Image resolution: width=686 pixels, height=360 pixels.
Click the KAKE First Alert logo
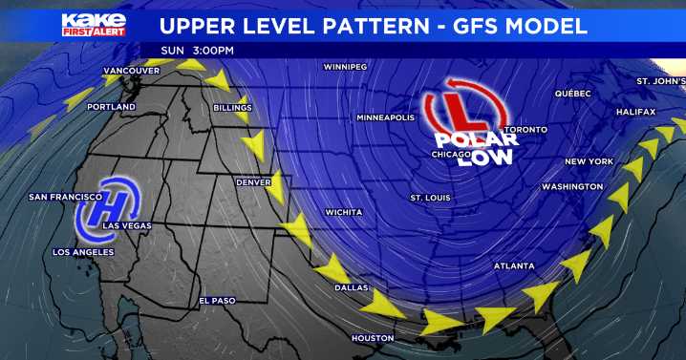(93, 24)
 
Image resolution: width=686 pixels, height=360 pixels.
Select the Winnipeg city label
(345, 68)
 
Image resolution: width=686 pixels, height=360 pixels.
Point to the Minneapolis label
(385, 117)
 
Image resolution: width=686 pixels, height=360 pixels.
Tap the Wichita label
(343, 211)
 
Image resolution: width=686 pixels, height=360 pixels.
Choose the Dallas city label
(352, 286)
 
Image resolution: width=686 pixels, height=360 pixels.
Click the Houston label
(373, 338)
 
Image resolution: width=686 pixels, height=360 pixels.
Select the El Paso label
(216, 301)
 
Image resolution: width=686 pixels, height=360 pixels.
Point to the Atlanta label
(514, 265)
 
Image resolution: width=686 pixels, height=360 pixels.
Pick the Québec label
(573, 94)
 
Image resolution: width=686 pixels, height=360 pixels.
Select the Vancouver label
(131, 71)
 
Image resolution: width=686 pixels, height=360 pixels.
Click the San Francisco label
(65, 197)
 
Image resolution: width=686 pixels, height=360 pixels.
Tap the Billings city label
(231, 108)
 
